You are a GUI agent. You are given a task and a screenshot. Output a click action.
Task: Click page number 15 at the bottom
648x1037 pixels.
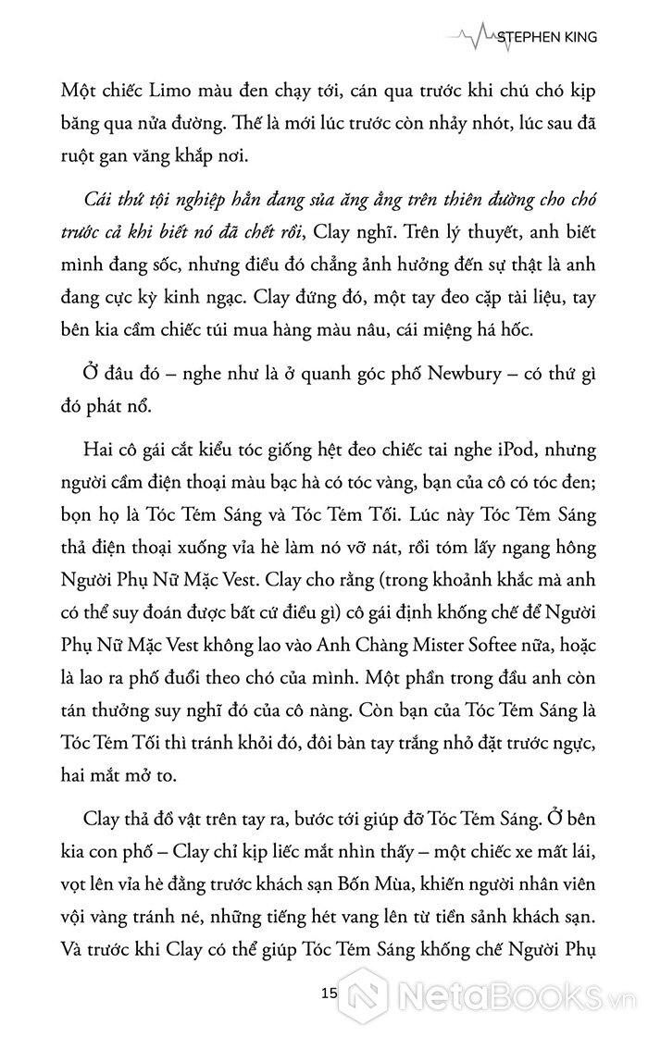point(324,995)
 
